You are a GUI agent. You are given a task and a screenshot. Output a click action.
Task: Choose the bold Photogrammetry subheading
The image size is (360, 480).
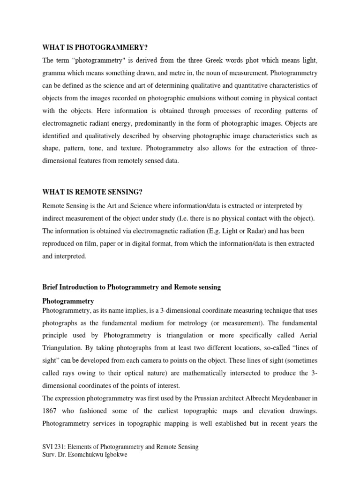tap(68, 301)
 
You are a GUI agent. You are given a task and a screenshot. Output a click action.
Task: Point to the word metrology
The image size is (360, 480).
tap(220, 323)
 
